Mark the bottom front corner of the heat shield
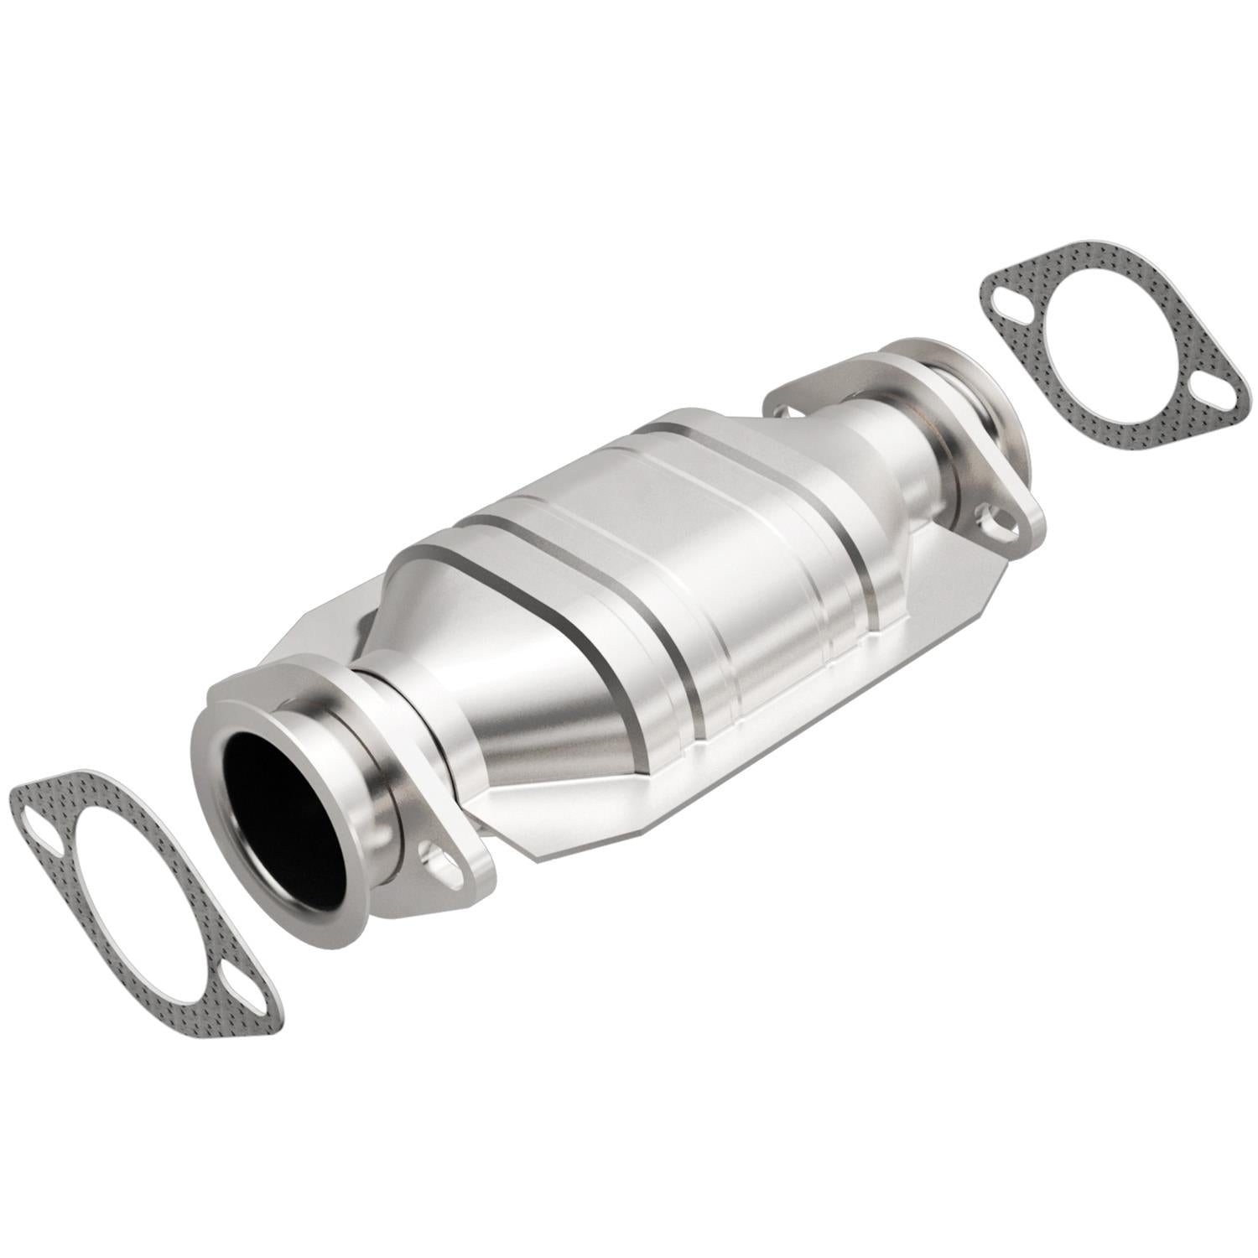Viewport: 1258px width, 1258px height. tap(537, 855)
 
